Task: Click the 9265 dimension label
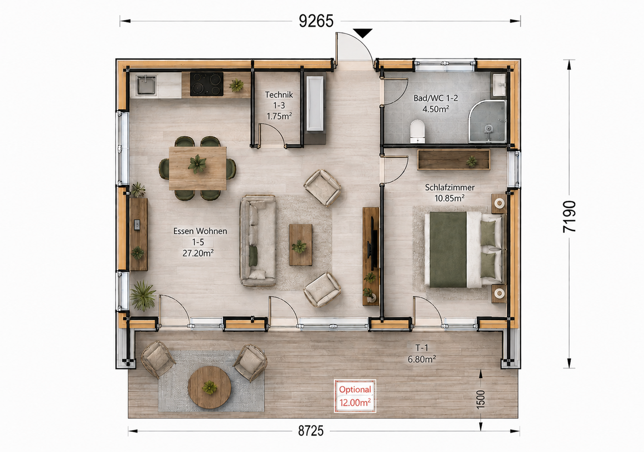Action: pos(316,21)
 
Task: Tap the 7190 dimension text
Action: pos(569,216)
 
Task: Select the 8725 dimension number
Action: pos(311,431)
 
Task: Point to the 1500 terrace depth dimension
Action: pos(480,399)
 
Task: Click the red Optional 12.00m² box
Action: pos(355,396)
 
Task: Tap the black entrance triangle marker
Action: pos(363,33)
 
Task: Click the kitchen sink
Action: pos(146,85)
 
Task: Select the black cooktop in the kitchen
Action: pos(207,84)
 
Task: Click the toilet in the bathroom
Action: pos(418,131)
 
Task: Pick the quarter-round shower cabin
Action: pos(488,121)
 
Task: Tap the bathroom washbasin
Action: pos(500,85)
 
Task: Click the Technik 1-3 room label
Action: pos(279,105)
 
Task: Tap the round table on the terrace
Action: pos(209,387)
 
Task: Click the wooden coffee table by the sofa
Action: pos(300,245)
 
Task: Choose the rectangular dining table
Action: pos(198,168)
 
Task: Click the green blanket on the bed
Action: pos(448,249)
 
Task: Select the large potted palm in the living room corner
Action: pos(142,295)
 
